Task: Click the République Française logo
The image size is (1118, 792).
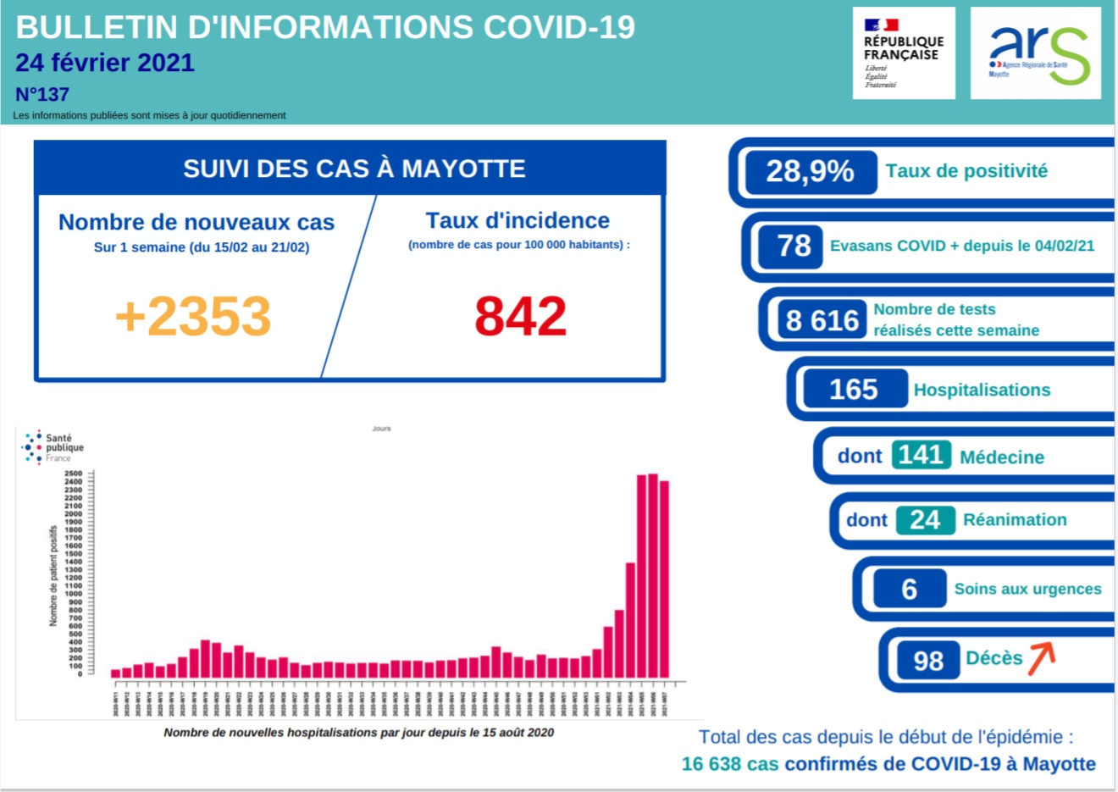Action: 903,53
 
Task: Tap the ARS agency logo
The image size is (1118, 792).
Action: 1035,53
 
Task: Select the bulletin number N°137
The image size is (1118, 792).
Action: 42,94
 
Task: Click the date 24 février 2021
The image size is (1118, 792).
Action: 105,63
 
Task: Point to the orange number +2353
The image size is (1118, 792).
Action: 193,316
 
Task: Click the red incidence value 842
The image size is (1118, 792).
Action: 520,316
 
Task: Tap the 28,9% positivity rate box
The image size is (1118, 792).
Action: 810,171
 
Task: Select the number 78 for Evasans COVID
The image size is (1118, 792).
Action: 794,246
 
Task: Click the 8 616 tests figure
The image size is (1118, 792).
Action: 822,320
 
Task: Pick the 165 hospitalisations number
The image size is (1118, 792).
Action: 853,390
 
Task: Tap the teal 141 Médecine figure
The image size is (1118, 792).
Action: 920,455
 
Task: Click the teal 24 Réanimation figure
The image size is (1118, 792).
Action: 925,519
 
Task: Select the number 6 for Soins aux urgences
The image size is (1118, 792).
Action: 909,589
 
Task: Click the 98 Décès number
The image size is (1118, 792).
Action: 927,661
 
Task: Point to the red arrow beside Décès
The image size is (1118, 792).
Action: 1042,658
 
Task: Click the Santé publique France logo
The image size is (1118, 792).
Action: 53,447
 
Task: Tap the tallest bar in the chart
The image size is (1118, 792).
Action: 653,576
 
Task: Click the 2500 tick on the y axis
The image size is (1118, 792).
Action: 74,474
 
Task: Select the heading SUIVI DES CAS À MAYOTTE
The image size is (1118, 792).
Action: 354,169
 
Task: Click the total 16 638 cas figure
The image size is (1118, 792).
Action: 730,764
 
